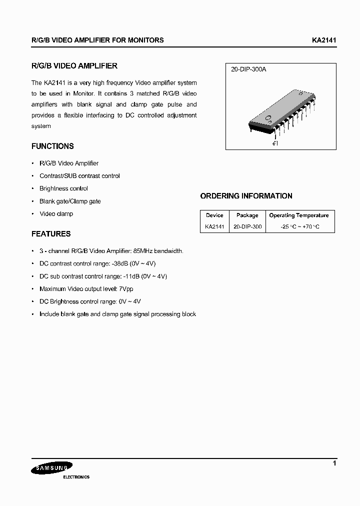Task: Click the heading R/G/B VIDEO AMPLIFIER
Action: (x=74, y=66)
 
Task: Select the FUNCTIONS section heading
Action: (x=52, y=146)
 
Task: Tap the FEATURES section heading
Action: (x=51, y=234)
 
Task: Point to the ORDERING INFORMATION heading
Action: (x=246, y=196)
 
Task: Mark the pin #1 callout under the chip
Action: (x=275, y=143)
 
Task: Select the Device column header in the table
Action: (x=214, y=215)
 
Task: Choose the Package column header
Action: (x=247, y=215)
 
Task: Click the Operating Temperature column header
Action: (x=299, y=215)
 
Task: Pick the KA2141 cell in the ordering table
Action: (x=214, y=226)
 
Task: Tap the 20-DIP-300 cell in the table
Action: (x=247, y=226)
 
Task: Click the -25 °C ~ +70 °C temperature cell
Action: (x=299, y=226)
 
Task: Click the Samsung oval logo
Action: (x=52, y=468)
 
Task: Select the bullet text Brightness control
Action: (x=63, y=188)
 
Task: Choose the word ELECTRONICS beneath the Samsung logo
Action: (x=76, y=477)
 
